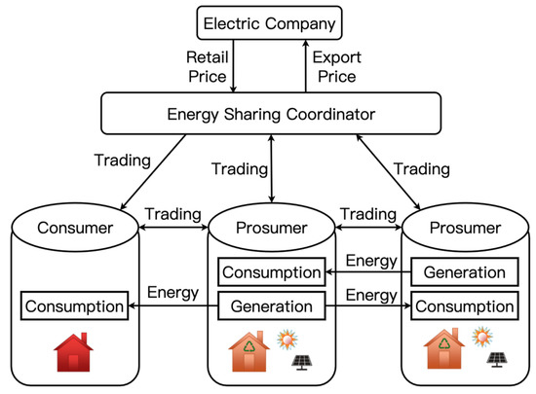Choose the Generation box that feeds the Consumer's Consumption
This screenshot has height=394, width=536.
click(270, 307)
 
